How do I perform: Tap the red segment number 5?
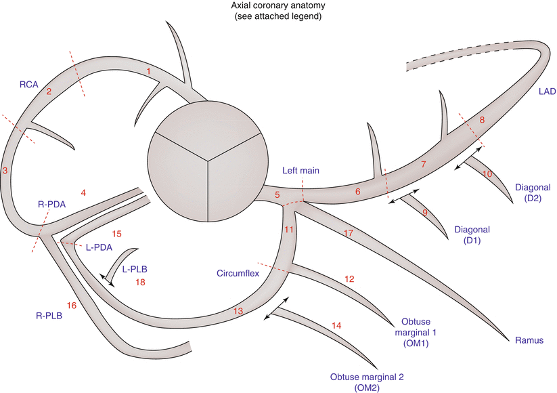click(277, 195)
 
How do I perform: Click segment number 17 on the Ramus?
click(349, 234)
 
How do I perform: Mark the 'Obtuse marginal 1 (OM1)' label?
click(411, 332)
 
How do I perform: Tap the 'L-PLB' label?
click(135, 269)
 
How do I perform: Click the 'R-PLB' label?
click(49, 316)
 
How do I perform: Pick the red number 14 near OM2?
click(336, 326)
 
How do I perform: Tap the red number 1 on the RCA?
click(148, 70)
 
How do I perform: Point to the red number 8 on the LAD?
click(482, 120)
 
